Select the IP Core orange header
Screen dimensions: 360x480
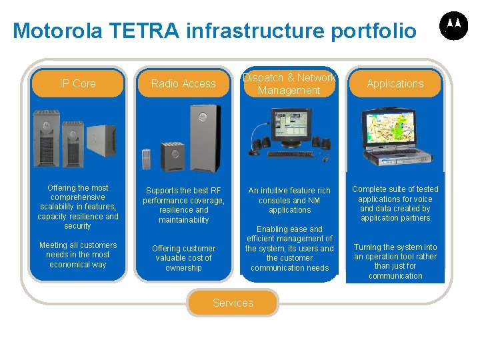(77, 83)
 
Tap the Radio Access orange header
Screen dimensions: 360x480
(183, 83)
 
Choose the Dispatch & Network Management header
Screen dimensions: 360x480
(289, 84)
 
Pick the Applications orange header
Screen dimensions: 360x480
(395, 83)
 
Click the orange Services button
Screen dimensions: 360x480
(233, 303)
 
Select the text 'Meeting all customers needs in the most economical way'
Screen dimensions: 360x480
(77, 255)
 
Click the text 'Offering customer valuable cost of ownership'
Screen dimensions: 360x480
(183, 258)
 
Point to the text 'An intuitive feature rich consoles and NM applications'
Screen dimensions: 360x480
(289, 200)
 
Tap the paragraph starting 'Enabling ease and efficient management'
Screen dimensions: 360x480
(289, 248)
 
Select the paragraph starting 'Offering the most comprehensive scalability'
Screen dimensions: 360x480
(77, 207)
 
